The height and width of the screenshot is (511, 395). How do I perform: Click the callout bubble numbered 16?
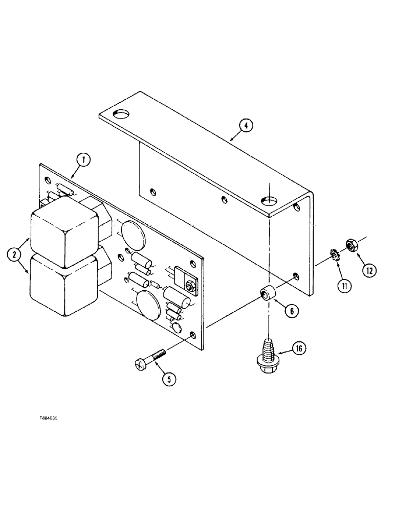coord(300,349)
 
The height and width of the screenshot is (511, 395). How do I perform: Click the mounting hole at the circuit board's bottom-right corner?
coord(192,335)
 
